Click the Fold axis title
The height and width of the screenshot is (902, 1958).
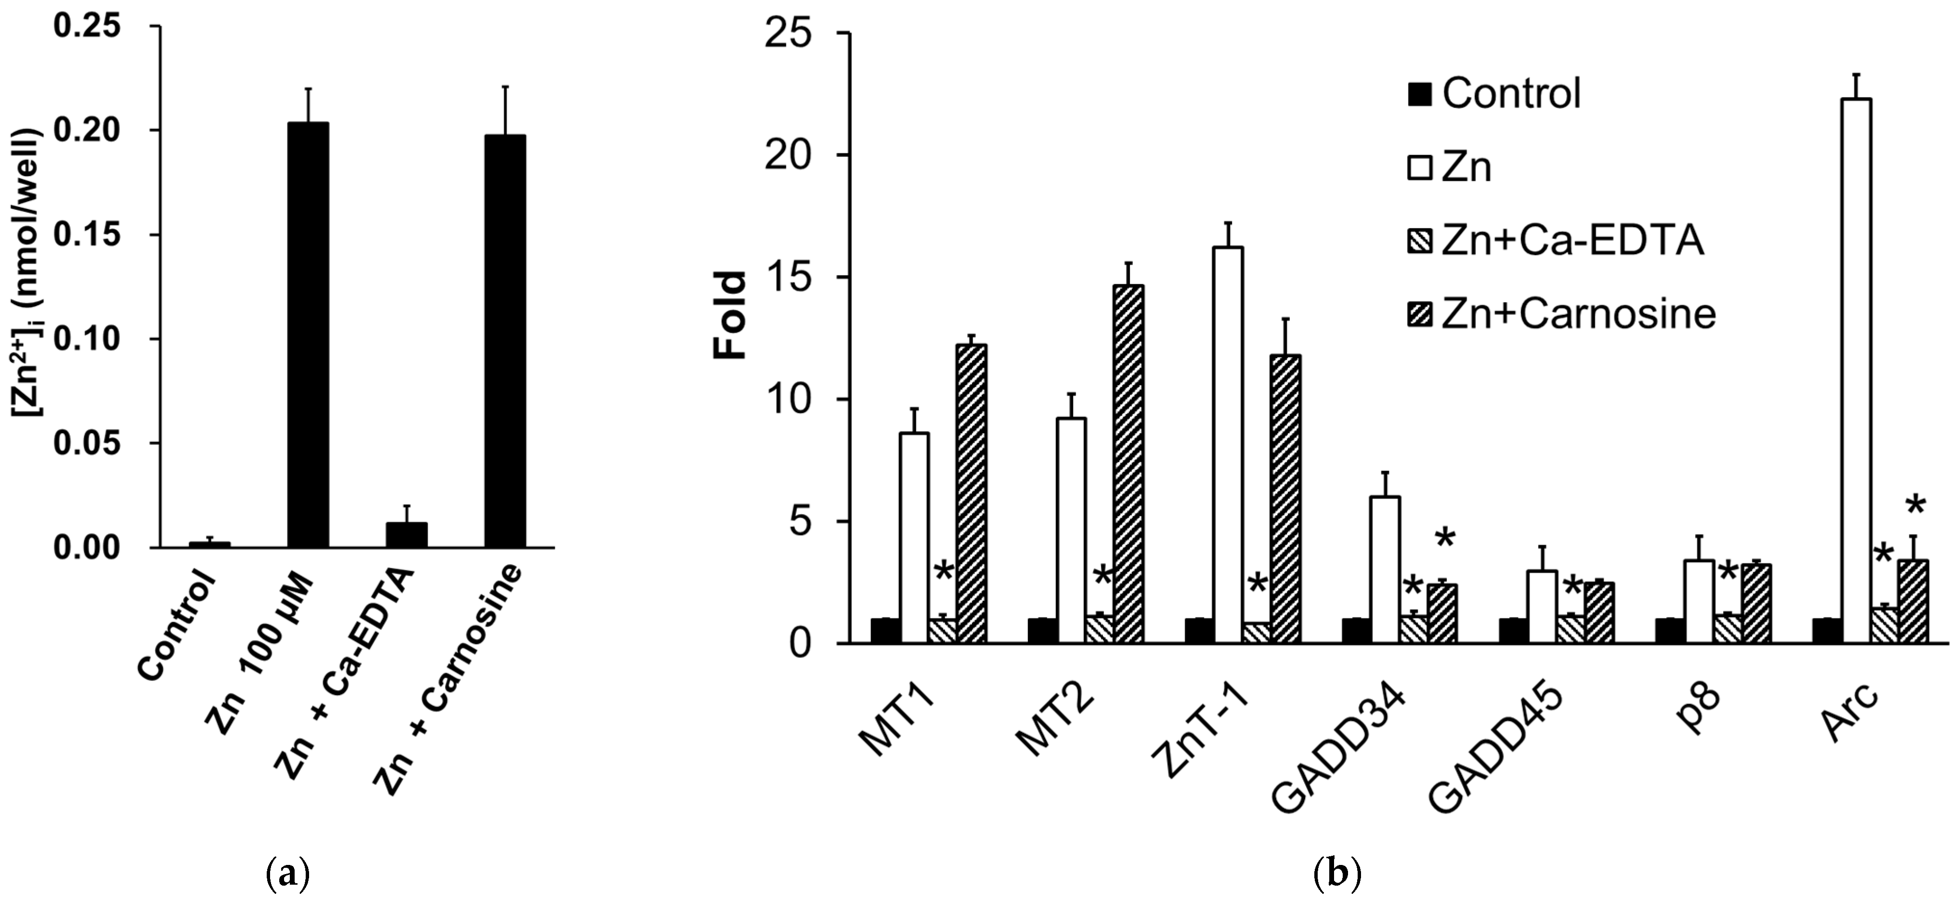731,315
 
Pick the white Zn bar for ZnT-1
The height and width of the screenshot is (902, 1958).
1228,445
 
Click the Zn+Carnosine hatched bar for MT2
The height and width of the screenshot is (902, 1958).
1128,464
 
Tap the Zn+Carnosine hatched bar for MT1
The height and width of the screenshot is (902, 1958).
972,494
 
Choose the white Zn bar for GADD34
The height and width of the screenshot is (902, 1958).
1385,570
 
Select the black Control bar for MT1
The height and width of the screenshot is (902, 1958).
885,631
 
